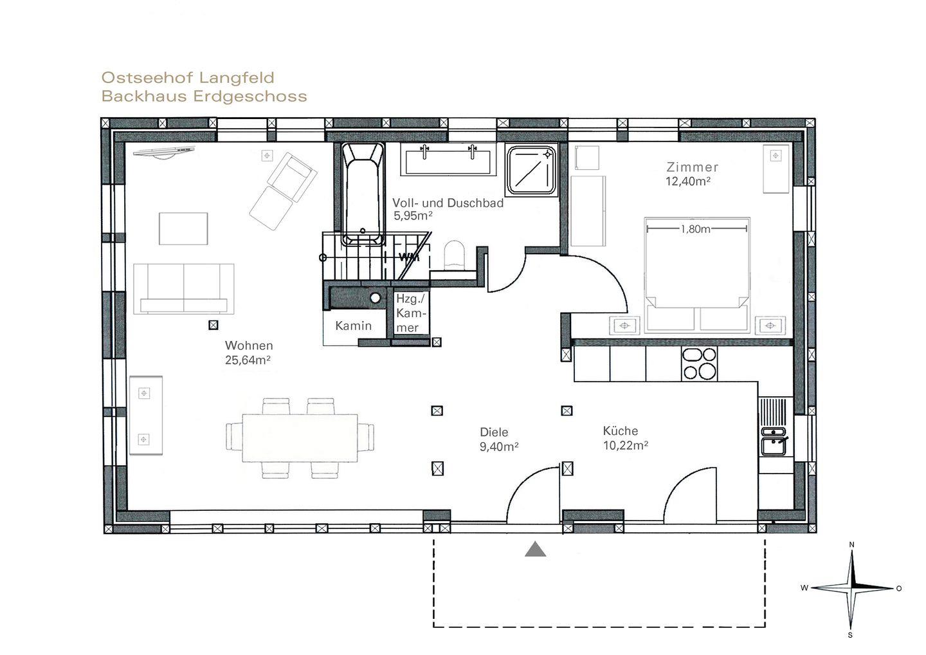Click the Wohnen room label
[x=249, y=346]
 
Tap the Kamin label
[x=354, y=326]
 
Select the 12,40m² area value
[x=688, y=181]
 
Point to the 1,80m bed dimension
[x=696, y=228]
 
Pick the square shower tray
[x=532, y=171]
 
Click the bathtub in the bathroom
[x=363, y=194]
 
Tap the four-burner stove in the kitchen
[x=699, y=364]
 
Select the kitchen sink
[x=775, y=441]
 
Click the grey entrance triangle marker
[x=535, y=550]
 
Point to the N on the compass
[x=851, y=545]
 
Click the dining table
[x=300, y=438]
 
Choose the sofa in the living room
[x=183, y=289]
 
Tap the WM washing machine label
[x=408, y=257]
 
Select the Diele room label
[x=494, y=432]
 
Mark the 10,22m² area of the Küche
[x=626, y=445]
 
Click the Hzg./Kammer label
[x=410, y=313]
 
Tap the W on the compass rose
[x=804, y=588]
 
